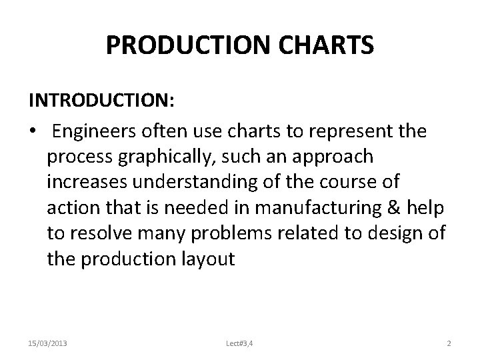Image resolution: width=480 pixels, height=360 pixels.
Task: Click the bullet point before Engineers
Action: point(33,131)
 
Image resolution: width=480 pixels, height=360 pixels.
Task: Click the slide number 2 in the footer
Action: point(449,343)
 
